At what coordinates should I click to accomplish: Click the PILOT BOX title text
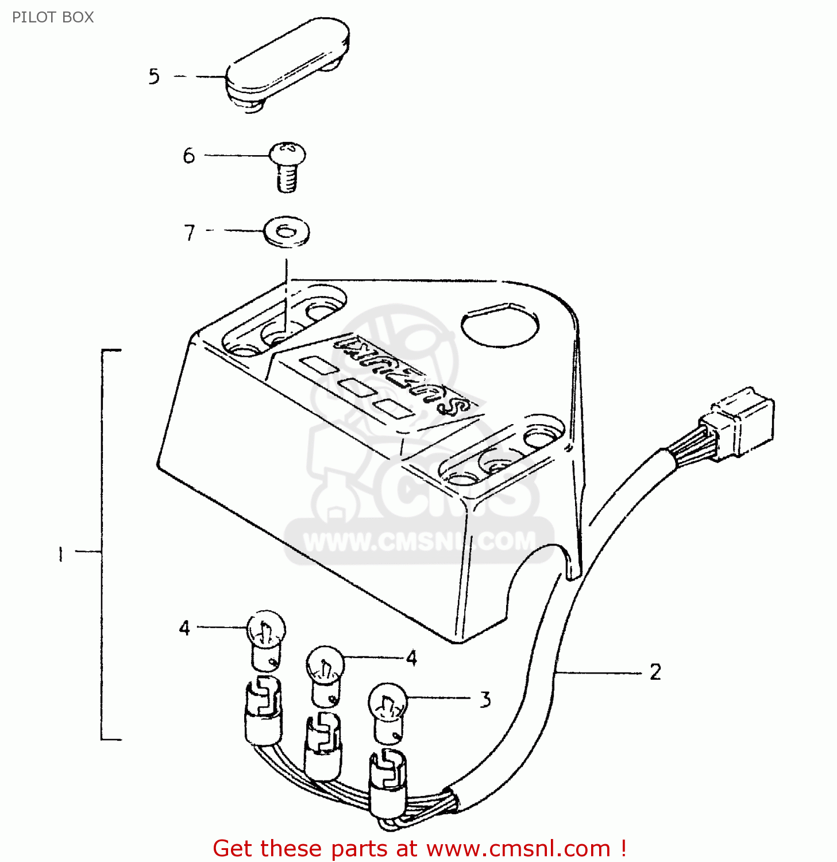pyautogui.click(x=52, y=17)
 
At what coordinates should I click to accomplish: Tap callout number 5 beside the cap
pyautogui.click(x=154, y=76)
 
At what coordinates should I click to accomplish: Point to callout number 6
pyautogui.click(x=189, y=156)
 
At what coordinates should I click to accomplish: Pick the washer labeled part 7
pyautogui.click(x=287, y=232)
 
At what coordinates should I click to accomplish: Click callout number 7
pyautogui.click(x=190, y=233)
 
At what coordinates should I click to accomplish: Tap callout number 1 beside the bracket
pyautogui.click(x=60, y=554)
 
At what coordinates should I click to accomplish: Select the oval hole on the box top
pyautogui.click(x=500, y=326)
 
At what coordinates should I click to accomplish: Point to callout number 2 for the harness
pyautogui.click(x=655, y=672)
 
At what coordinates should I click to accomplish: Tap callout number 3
pyautogui.click(x=485, y=700)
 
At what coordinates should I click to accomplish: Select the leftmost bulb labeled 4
pyautogui.click(x=265, y=638)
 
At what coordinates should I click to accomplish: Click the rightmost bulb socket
pyautogui.click(x=387, y=782)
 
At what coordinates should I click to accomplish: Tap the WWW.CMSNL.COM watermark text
pyautogui.click(x=419, y=541)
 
